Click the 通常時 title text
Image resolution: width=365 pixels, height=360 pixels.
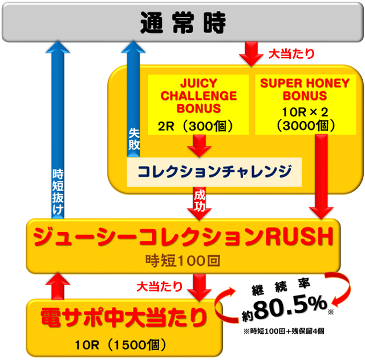183,23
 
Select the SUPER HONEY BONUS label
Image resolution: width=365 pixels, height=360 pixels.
305,90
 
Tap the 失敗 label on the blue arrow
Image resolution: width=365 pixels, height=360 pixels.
133,139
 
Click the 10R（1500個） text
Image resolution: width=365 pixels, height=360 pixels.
121,344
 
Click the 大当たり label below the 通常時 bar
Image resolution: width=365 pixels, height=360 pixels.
290,55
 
